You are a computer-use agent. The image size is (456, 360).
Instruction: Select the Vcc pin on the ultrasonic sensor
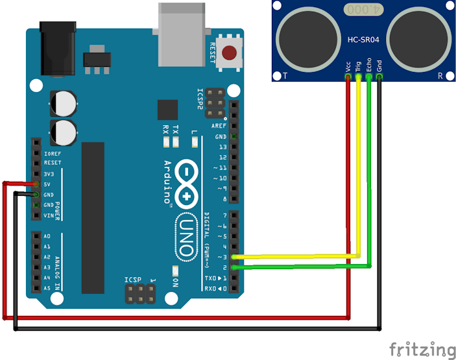[348, 77]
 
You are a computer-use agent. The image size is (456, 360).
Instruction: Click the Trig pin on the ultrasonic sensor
[359, 77]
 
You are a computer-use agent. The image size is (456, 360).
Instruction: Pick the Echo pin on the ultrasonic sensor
[369, 77]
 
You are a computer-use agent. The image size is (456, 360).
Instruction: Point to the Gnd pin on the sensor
[379, 77]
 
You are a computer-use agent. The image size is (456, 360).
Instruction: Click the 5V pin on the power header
[36, 184]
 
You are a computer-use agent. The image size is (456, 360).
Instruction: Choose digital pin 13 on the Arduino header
[234, 147]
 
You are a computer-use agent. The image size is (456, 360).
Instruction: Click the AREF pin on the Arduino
[234, 126]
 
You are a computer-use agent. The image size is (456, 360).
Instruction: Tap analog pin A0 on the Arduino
[36, 237]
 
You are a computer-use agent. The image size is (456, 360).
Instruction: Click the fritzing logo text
[422, 350]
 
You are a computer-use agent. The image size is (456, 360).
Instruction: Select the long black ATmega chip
[93, 217]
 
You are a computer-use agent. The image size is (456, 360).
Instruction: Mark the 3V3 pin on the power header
[36, 174]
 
